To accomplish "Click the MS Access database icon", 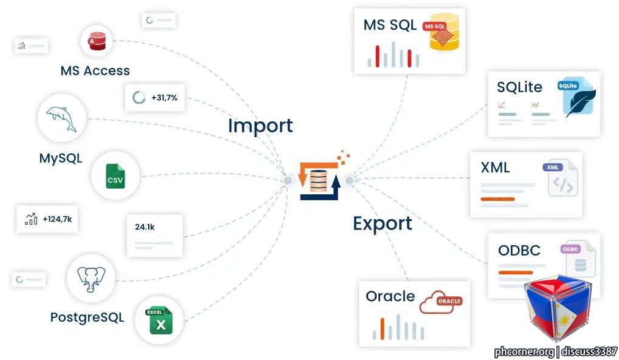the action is click(97, 41).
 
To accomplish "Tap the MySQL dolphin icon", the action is click(61, 118).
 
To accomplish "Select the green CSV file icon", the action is click(115, 176).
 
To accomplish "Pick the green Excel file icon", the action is click(159, 320).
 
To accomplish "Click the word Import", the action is click(261, 126).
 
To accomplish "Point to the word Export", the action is click(383, 224).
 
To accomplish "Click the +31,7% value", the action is click(164, 98).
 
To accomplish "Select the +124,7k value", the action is click(57, 219).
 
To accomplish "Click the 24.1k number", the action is click(145, 227).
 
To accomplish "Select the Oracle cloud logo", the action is click(440, 302).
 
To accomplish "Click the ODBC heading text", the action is click(519, 250).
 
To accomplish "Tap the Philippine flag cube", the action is click(558, 308).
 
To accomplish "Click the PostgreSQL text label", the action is click(87, 318).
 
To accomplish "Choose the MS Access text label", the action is click(95, 70).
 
